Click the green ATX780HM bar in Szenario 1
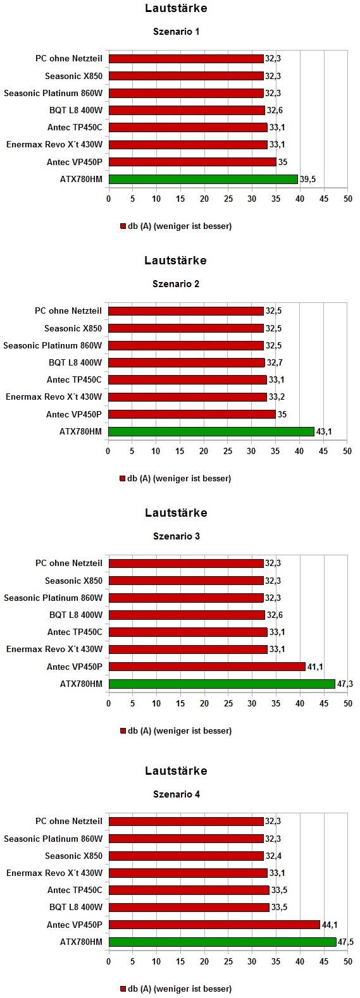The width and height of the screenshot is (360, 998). click(x=203, y=179)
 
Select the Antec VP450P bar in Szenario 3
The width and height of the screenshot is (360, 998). click(x=207, y=667)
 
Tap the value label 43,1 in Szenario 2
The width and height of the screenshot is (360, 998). click(x=324, y=431)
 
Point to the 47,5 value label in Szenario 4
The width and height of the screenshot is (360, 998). click(x=345, y=942)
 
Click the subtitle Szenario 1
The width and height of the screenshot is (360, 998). click(x=176, y=32)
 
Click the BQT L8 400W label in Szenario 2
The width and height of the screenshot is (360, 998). click(x=75, y=362)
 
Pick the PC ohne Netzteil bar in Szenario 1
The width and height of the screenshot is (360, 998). click(x=186, y=59)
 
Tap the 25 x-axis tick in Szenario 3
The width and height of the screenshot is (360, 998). click(x=228, y=703)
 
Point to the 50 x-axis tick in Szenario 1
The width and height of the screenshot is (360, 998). click(x=347, y=199)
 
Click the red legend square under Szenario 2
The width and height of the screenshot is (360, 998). click(x=123, y=479)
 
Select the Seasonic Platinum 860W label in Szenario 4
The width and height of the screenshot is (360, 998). click(x=53, y=839)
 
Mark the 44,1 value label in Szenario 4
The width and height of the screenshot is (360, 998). click(x=329, y=925)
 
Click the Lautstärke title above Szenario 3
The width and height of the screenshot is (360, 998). click(x=176, y=513)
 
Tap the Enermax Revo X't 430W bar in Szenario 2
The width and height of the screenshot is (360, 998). click(x=187, y=397)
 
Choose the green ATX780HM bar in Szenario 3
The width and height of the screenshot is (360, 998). click(x=222, y=684)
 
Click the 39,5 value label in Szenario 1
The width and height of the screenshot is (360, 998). click(x=307, y=179)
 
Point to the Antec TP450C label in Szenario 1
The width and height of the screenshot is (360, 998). click(x=75, y=127)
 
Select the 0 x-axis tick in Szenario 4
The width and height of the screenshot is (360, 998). click(x=109, y=962)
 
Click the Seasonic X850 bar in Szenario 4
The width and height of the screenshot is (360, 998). click(x=186, y=856)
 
